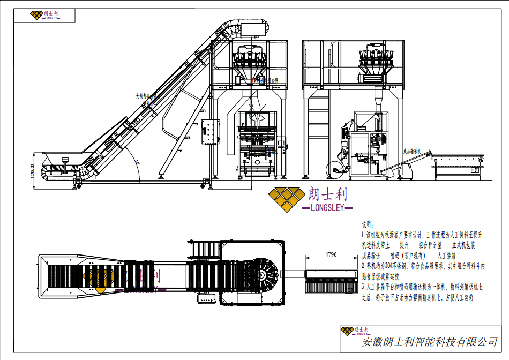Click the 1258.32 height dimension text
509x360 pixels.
point(33,171)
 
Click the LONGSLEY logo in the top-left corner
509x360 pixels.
point(45,15)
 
